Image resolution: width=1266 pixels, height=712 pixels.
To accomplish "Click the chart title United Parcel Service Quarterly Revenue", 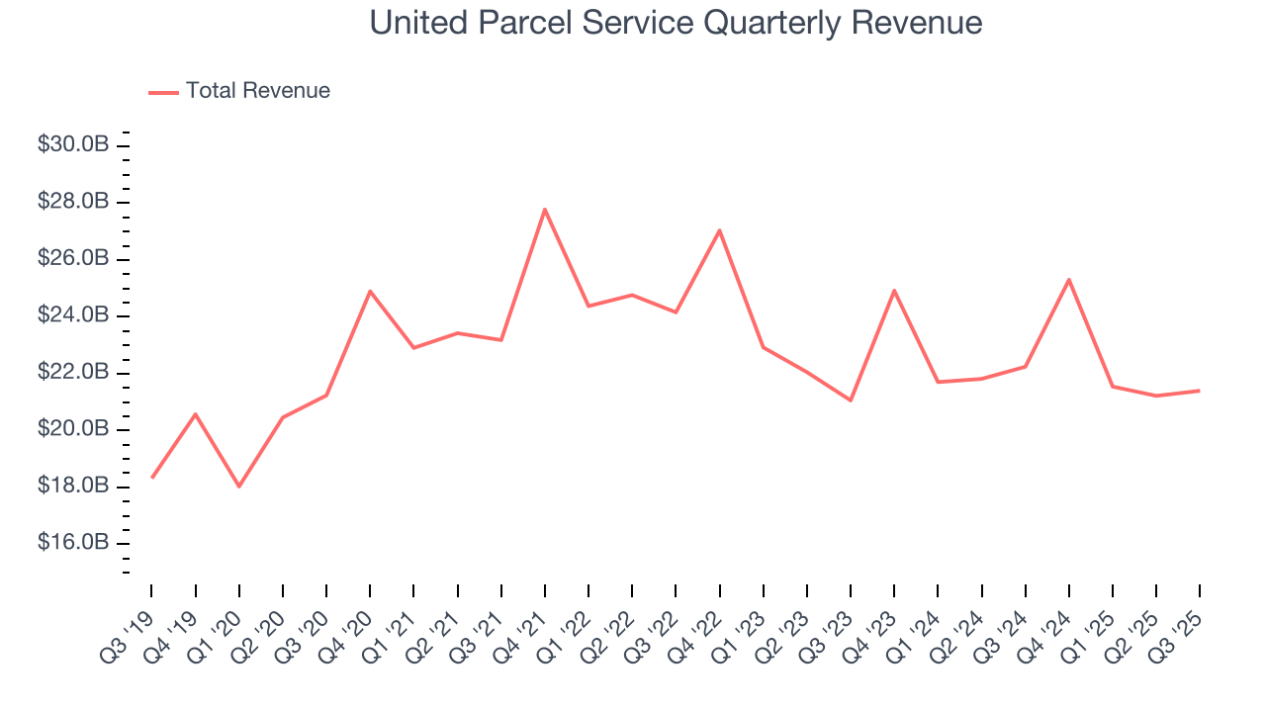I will (676, 23).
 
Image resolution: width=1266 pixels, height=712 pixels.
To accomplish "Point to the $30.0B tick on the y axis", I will (73, 145).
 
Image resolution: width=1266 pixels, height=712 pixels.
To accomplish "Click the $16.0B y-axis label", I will (73, 544).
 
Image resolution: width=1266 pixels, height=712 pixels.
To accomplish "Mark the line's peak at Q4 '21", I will (545, 209).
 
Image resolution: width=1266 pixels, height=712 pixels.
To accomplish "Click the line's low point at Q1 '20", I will (239, 487).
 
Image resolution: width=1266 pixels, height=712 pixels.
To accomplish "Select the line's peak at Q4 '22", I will (719, 230).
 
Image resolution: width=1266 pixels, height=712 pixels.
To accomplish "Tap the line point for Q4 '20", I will (370, 291).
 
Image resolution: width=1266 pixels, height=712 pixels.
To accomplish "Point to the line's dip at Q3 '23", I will (851, 400).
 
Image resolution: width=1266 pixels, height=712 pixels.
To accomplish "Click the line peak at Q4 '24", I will (1069, 279).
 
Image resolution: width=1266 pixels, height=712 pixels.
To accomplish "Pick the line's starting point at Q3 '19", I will (152, 478).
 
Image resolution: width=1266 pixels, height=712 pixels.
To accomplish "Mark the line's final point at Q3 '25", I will (1200, 391).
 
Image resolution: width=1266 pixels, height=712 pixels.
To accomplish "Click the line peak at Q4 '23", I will (894, 290).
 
